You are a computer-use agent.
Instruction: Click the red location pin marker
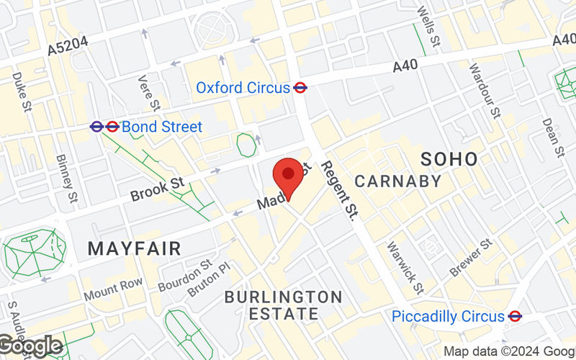tap(289, 177)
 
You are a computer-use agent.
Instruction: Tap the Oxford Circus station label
tap(243, 88)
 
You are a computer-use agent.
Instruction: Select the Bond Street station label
tap(162, 127)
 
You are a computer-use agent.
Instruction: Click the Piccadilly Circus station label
tap(447, 316)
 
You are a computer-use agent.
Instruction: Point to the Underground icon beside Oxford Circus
tap(301, 88)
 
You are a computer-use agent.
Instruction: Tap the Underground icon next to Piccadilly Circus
tap(515, 316)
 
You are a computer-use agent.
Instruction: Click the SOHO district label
tap(449, 159)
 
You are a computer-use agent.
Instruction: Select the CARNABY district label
tap(398, 181)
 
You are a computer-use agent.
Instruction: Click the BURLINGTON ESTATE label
tap(283, 305)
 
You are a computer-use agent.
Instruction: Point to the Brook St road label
tap(158, 190)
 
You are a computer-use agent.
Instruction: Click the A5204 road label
tap(68, 45)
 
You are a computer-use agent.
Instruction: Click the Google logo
tap(31, 346)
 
